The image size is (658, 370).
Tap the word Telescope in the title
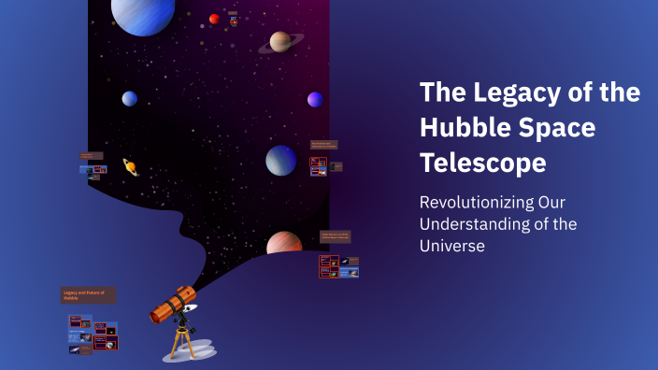coord(482,164)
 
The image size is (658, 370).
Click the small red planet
coord(214,19)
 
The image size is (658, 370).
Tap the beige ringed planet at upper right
coord(280,42)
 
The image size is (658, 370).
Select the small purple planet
coord(315,99)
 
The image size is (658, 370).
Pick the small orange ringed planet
coord(131,166)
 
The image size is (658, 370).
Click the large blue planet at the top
coord(143,13)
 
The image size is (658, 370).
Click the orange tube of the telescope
coord(170,303)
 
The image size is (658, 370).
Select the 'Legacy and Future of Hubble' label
coord(89,295)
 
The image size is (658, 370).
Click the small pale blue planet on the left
coord(129,98)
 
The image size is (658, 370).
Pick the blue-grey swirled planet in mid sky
coord(280,160)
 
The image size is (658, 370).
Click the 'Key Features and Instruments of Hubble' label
coord(323,145)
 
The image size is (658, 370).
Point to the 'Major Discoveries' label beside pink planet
coord(335,236)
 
